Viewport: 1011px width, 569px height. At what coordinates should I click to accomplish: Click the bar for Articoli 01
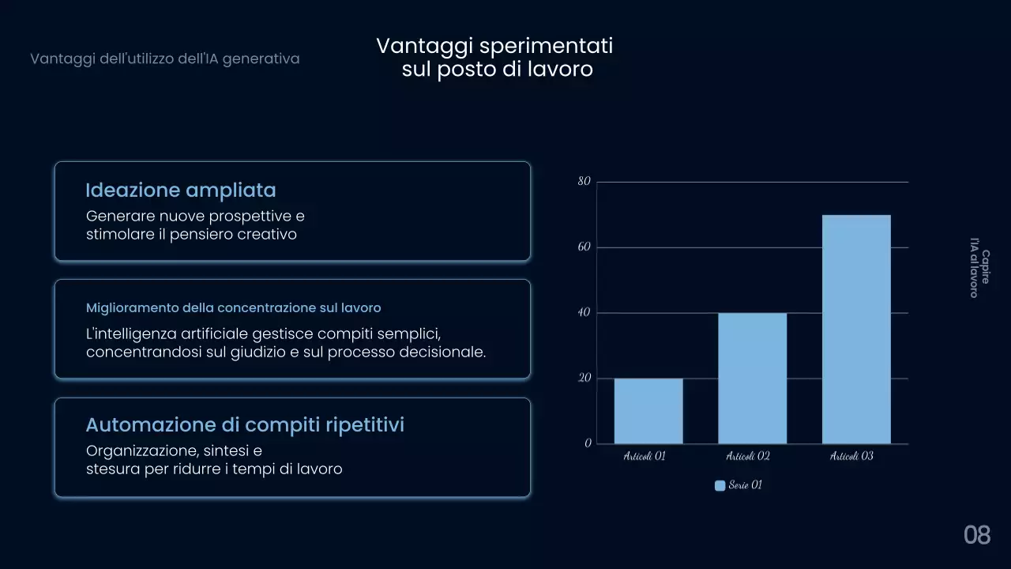[x=648, y=411]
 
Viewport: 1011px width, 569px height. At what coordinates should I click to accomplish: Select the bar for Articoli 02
[x=752, y=379]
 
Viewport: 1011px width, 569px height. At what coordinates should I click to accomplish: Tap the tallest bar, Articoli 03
[x=856, y=329]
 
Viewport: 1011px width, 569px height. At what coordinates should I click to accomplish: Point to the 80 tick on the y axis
[x=584, y=182]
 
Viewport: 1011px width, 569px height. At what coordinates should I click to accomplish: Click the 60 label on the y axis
[x=584, y=247]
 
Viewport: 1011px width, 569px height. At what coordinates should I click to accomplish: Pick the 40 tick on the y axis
[x=584, y=313]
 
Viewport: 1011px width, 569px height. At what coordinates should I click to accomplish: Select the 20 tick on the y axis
[x=584, y=379]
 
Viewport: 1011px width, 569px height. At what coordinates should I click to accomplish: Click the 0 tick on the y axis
[x=588, y=443]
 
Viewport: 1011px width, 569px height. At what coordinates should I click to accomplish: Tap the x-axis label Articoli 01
[x=645, y=457]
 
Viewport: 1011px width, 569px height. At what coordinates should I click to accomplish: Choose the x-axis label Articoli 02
[x=748, y=457]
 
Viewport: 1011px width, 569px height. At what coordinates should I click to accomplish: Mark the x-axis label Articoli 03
[x=851, y=457]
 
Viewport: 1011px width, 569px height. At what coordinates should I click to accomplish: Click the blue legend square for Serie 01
[x=720, y=486]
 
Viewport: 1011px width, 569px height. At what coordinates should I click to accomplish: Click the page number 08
[x=977, y=535]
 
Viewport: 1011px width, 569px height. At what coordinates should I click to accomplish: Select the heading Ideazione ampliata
[x=181, y=190]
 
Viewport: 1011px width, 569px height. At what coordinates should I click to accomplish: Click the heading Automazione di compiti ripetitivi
[x=245, y=425]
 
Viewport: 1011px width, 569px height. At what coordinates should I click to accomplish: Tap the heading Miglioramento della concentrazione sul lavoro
[x=233, y=308]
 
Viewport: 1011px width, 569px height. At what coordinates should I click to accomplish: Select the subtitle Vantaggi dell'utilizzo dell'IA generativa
[x=165, y=59]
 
